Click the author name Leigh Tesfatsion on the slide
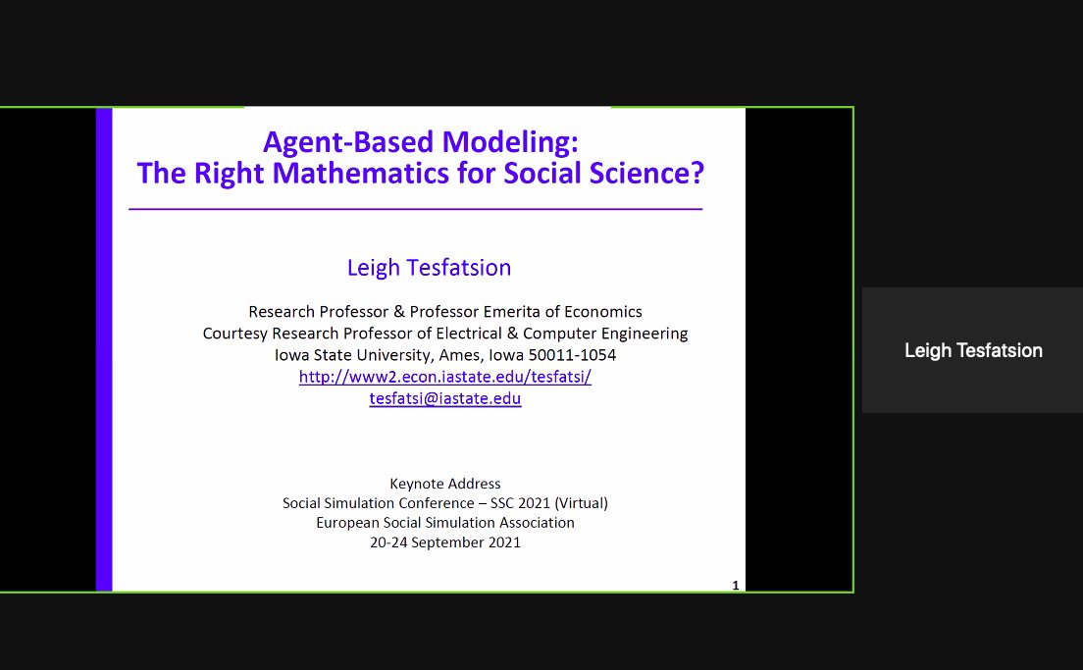[x=429, y=267]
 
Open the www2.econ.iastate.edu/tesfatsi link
[x=444, y=378]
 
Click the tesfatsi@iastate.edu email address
[x=444, y=399]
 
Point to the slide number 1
[x=735, y=586]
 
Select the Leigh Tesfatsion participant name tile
[x=972, y=350]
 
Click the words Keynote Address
[x=444, y=484]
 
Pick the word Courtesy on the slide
[x=234, y=334]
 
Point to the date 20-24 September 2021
[x=444, y=541]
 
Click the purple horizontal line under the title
[x=415, y=209]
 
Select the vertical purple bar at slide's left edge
[x=104, y=349]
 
